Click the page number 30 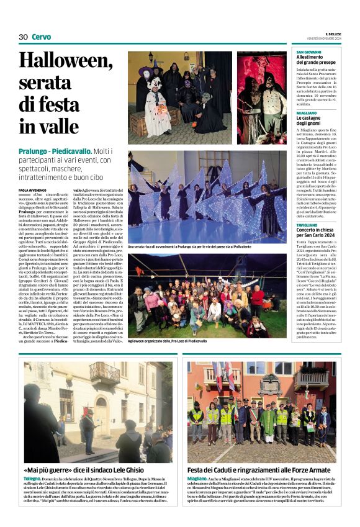tap(23, 37)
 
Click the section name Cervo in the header tap(41, 37)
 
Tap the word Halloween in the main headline tap(56, 60)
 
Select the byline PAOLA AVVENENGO tap(33, 190)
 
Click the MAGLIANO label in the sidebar tap(307, 113)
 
